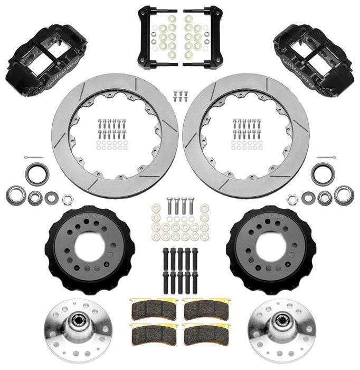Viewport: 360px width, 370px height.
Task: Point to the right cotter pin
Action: click(328, 159)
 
